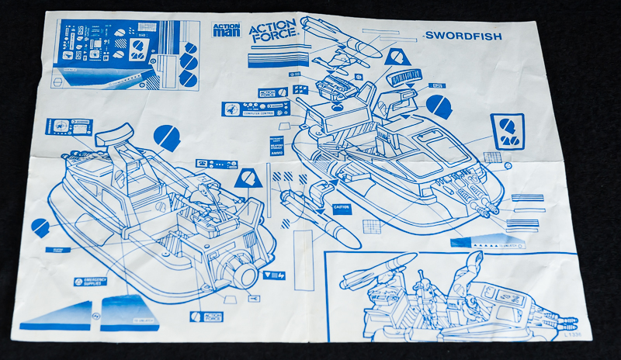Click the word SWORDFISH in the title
pos(463,36)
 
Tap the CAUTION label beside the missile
pos(342,209)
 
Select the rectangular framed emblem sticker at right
pos(508,130)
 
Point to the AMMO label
pos(276,154)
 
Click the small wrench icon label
pos(252,298)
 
